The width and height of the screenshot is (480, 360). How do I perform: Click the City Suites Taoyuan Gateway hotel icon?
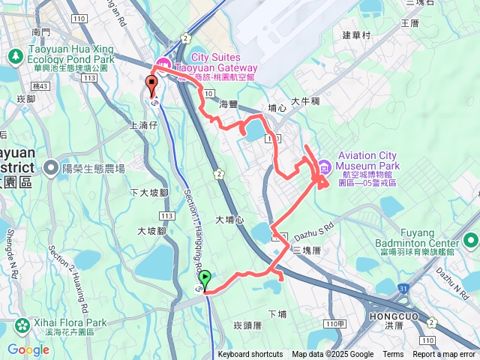[x=163, y=63]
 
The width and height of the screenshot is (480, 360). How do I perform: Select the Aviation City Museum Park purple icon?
[x=324, y=166]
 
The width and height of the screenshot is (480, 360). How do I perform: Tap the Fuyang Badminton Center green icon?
[x=471, y=241]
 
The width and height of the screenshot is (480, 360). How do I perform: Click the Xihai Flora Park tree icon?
[x=22, y=324]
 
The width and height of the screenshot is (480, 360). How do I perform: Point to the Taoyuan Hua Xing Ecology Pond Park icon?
[x=14, y=55]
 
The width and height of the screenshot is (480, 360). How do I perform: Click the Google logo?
[x=28, y=349]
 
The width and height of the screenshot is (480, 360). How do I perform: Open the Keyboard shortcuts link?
[x=250, y=355]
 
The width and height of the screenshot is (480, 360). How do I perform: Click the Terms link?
[x=393, y=355]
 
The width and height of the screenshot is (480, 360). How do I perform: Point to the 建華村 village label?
[x=356, y=35]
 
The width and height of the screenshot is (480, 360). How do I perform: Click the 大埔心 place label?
[x=229, y=220]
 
